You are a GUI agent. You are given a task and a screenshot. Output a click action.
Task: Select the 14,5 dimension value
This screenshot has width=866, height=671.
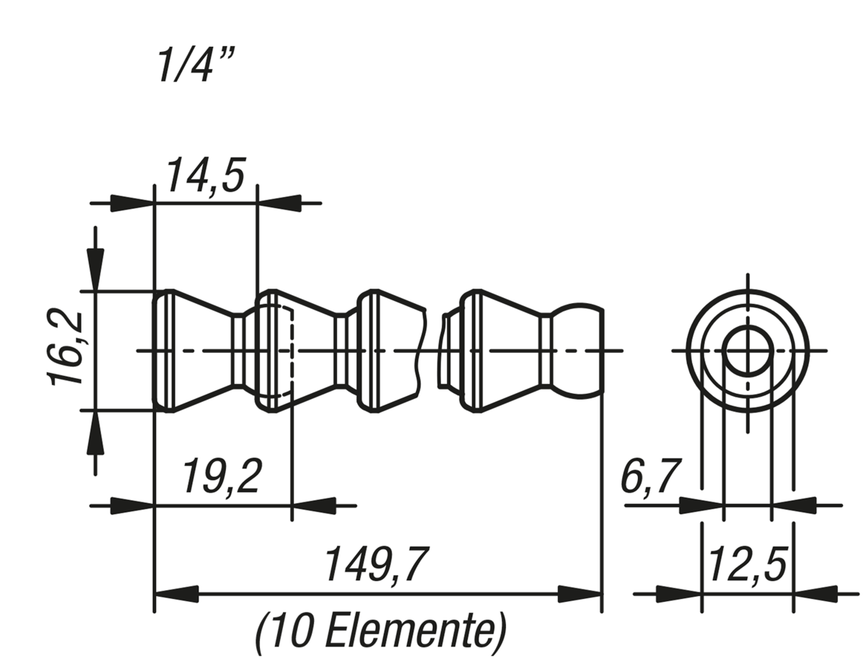[205, 175]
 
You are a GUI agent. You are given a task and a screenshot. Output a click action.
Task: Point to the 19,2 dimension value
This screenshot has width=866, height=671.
[222, 476]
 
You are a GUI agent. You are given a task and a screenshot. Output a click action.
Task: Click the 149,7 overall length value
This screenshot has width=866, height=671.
[377, 564]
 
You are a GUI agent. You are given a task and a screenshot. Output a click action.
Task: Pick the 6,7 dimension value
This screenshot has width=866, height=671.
[650, 476]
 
